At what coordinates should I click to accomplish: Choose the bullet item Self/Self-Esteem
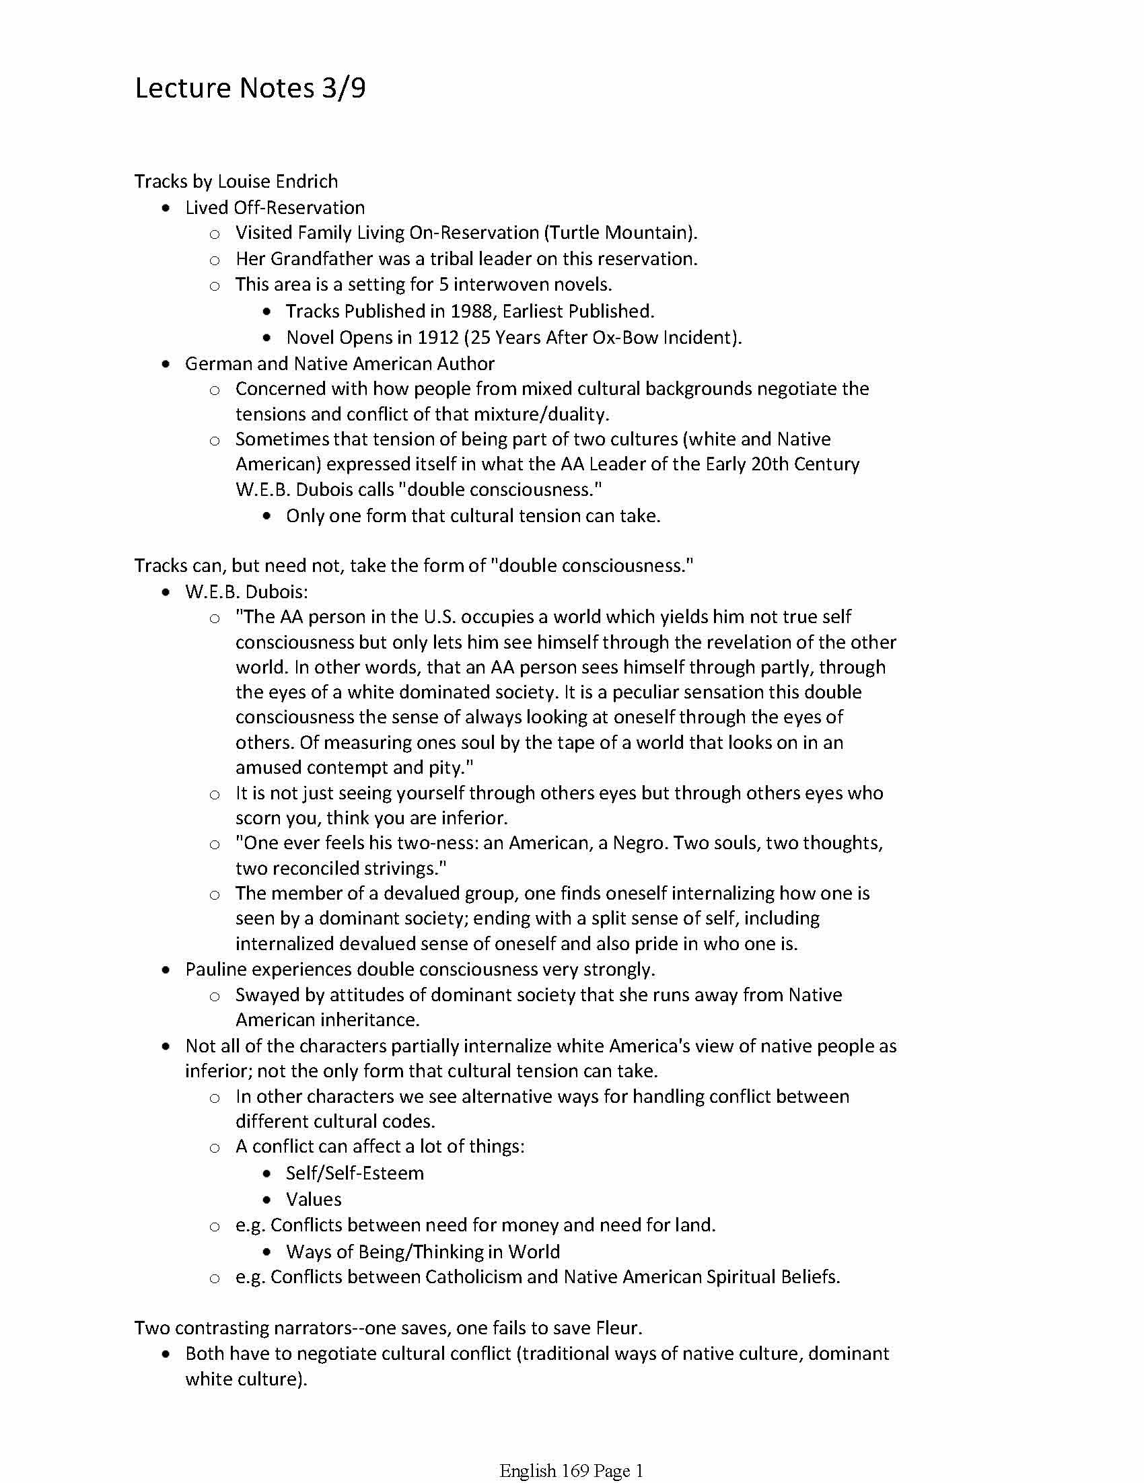pyautogui.click(x=355, y=1173)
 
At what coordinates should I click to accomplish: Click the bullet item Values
pyautogui.click(x=313, y=1199)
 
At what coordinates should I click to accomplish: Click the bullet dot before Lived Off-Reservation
pyautogui.click(x=167, y=208)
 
